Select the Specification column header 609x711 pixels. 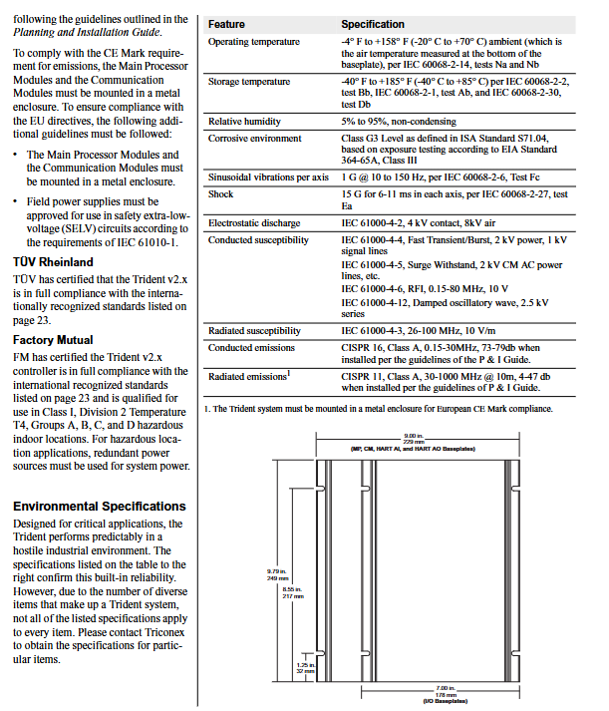pos(373,24)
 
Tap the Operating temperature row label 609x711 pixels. pos(253,42)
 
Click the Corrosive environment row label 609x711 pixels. pos(254,139)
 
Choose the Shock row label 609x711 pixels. pos(220,194)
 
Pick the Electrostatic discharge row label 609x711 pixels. pos(253,222)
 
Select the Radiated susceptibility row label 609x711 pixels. pos(254,330)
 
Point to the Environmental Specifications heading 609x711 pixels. pos(100,507)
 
